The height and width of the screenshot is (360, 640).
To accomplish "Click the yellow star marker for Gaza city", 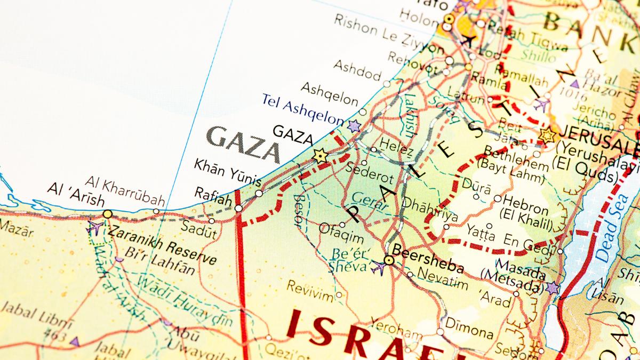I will pos(320,156).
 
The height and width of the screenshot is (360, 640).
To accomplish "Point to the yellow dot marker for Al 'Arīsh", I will pos(108,214).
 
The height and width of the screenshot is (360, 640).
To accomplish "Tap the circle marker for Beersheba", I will pos(389,260).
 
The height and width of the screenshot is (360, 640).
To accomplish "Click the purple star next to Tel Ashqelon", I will pos(354,126).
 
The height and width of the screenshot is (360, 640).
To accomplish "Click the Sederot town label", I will pos(370,172).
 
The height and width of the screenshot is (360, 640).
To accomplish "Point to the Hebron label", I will pos(525,204).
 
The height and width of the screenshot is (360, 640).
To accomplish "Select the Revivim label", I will pos(310,289).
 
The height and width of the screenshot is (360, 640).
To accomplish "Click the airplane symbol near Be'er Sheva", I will pos(378,267).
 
